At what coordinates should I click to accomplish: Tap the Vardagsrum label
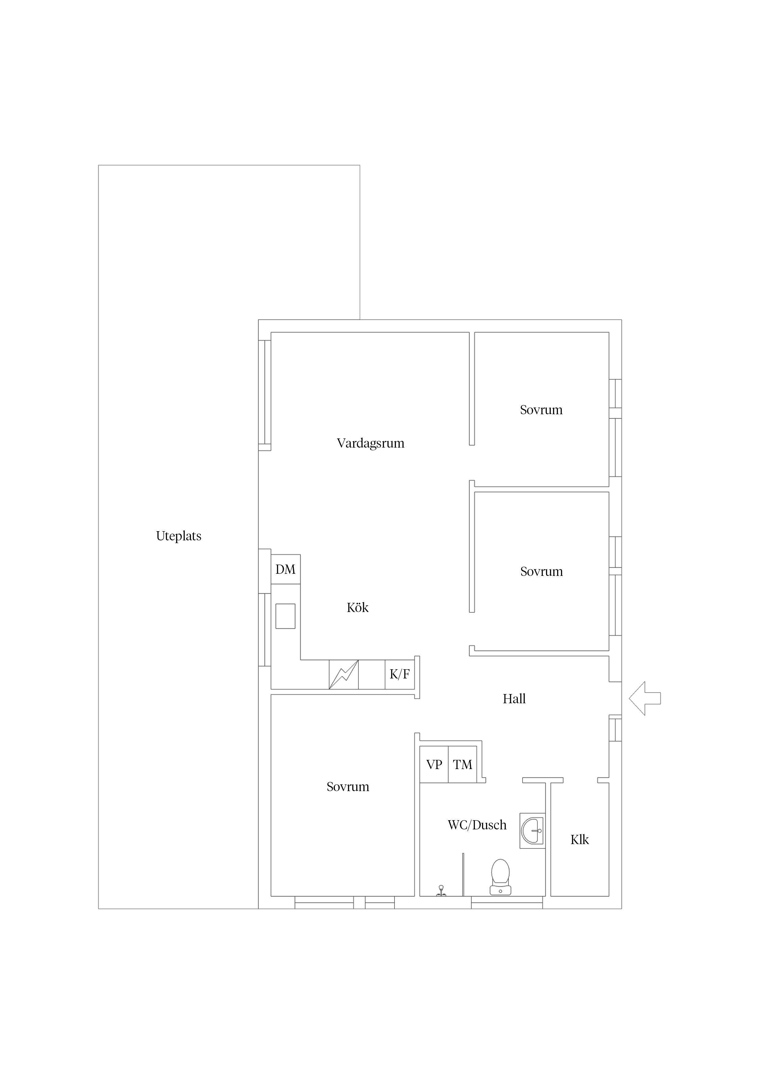pos(370,443)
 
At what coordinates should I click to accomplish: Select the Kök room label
pos(358,608)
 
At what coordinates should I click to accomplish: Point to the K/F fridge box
pos(400,674)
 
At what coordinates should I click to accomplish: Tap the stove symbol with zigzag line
pos(344,674)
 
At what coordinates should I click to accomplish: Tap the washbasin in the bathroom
pos(533,831)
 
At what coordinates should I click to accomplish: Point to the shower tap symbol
pos(440,891)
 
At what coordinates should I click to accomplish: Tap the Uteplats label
pos(179,536)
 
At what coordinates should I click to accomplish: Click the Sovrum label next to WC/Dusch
pos(348,787)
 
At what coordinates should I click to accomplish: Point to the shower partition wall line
pos(463,875)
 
